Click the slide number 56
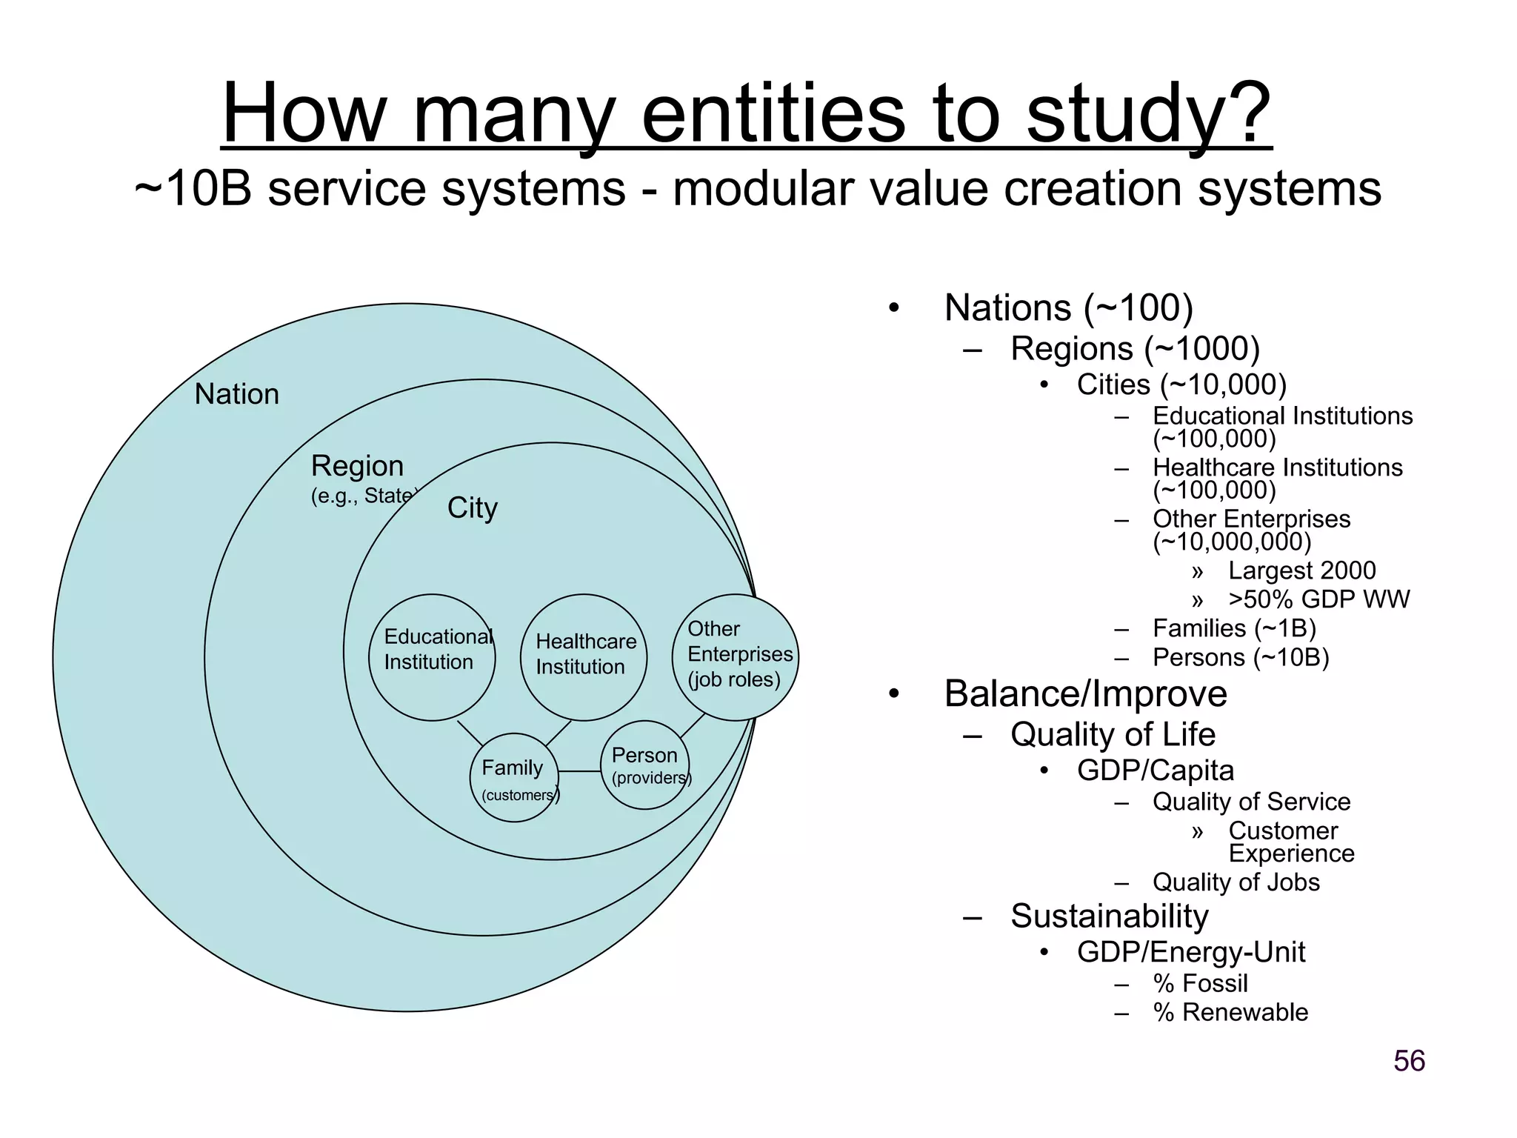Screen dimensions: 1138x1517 [1409, 1061]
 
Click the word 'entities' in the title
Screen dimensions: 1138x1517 [773, 115]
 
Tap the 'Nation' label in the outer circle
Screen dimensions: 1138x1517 [236, 394]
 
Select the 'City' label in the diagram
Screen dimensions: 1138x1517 [473, 508]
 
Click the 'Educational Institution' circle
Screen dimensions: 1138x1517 [432, 657]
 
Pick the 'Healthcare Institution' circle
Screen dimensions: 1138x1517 [584, 657]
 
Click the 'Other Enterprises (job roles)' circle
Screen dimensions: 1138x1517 [736, 657]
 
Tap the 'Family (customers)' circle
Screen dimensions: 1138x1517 [514, 778]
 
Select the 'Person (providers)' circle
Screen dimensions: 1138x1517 [644, 765]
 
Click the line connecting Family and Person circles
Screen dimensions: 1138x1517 [579, 771]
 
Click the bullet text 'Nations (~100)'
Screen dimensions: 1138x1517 [1068, 308]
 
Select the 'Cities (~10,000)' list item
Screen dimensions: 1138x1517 [1181, 385]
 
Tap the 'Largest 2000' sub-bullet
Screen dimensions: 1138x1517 [1301, 570]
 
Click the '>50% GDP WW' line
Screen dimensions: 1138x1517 [1318, 599]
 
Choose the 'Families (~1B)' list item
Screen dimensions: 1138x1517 [1234, 628]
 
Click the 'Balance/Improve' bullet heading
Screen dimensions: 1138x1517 [1085, 694]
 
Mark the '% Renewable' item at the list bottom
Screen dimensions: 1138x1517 [1230, 1012]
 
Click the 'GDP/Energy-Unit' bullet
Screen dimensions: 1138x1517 [1190, 952]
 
